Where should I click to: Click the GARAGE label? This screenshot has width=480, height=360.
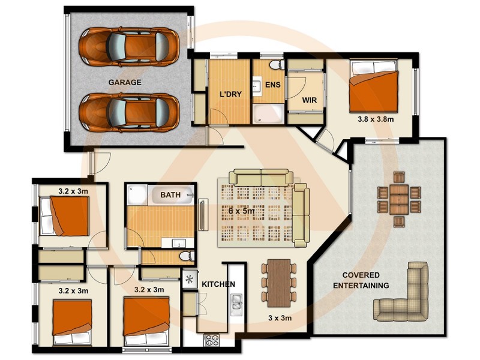125,82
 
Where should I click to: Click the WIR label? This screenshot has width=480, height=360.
309,100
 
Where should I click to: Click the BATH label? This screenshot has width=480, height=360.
170,195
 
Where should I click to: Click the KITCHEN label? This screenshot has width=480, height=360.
218,284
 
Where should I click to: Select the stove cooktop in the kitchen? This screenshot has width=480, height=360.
212,340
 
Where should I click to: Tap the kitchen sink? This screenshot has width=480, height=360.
236,304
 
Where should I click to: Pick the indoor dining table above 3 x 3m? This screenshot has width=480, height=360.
278,283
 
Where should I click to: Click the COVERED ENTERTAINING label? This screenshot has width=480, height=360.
361,281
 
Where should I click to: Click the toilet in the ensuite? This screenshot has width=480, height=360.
274,65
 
